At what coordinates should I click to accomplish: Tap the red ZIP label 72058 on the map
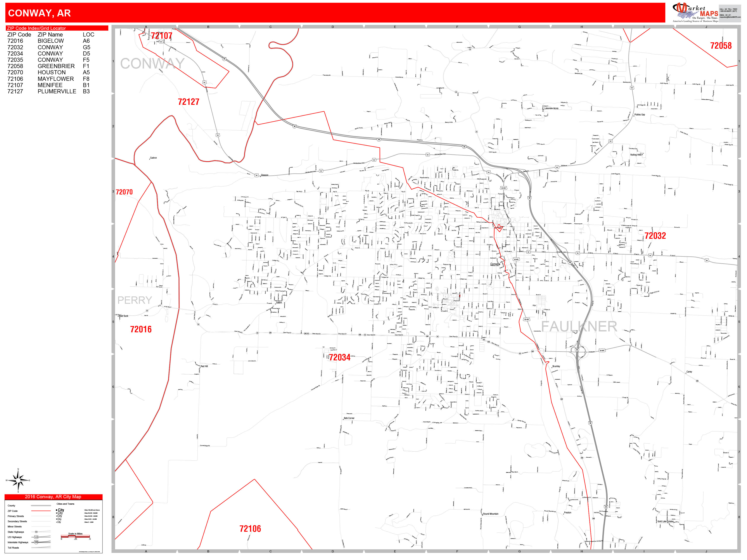pos(721,46)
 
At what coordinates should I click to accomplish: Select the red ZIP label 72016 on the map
pos(141,329)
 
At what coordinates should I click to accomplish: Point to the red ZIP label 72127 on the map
pos(188,102)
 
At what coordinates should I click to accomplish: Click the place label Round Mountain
pos(491,514)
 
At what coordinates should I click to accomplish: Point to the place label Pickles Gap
pos(640,115)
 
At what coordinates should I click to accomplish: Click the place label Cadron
pos(153,158)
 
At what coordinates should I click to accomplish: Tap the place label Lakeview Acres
pos(551,108)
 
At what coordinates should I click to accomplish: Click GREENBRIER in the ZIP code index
pos(56,66)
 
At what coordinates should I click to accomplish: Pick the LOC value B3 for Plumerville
pos(86,91)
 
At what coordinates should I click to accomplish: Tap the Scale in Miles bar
pos(75,536)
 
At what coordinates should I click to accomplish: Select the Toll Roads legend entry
pos(13,547)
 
